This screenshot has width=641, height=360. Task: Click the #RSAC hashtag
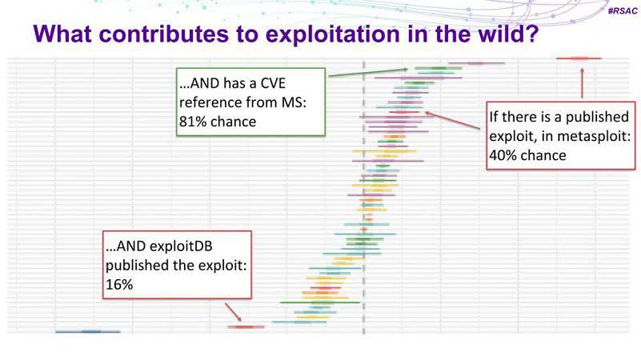(623, 11)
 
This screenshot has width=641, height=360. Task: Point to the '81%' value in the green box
(193, 122)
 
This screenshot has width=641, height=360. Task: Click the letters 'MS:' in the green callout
(293, 102)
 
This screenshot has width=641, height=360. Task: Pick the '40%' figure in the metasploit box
(503, 155)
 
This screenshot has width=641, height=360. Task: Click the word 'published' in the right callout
(597, 117)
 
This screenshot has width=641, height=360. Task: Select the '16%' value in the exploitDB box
(119, 285)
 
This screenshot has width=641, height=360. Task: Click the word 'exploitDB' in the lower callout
(181, 246)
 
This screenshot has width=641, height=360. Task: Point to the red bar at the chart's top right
(579, 58)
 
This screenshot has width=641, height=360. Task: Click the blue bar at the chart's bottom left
(88, 332)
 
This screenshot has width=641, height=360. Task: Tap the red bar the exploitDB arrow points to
(246, 327)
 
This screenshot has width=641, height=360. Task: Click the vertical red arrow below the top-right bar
(582, 83)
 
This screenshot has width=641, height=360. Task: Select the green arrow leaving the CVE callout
(368, 72)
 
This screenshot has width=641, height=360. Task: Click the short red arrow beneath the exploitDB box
(233, 312)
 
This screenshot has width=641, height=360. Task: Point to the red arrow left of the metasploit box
(453, 121)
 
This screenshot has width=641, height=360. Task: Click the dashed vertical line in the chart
(364, 197)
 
